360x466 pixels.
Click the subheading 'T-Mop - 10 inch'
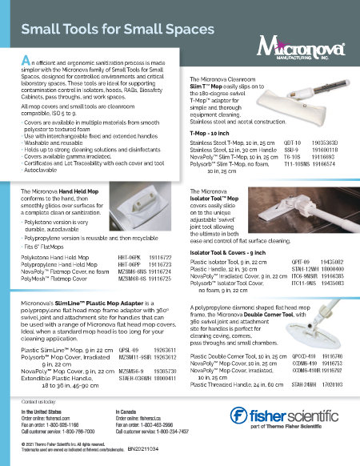coord(210,153)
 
